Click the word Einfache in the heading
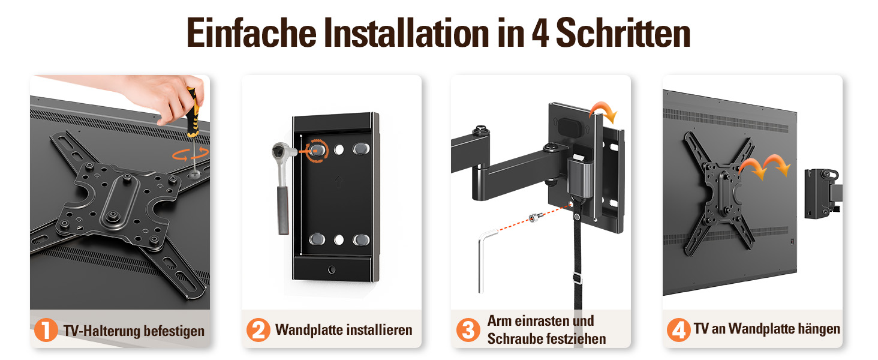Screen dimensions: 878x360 pyautogui.click(x=252, y=33)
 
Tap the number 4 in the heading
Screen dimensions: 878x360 pyautogui.click(x=540, y=33)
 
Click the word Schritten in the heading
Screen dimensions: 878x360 pyautogui.click(x=623, y=33)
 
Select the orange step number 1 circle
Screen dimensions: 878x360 pyautogui.click(x=46, y=330)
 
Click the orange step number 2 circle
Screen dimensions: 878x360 pyautogui.click(x=258, y=330)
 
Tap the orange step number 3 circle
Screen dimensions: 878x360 pyautogui.click(x=468, y=330)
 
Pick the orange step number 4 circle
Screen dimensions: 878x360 pyautogui.click(x=679, y=330)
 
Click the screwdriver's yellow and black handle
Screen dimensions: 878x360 pyautogui.click(x=193, y=112)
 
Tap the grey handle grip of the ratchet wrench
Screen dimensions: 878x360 pyautogui.click(x=283, y=211)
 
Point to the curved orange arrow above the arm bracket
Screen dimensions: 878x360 pyautogui.click(x=603, y=110)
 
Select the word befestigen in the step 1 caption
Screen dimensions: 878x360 pyautogui.click(x=174, y=331)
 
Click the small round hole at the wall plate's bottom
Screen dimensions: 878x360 pyautogui.click(x=332, y=269)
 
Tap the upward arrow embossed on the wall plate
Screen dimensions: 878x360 pyautogui.click(x=339, y=181)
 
